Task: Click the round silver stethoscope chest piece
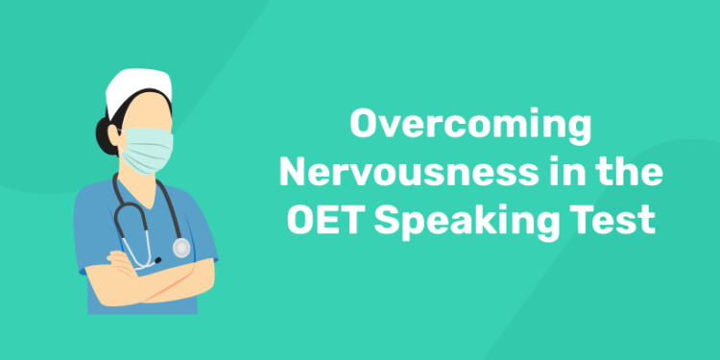(x=180, y=248)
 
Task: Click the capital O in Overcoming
(x=362, y=126)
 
